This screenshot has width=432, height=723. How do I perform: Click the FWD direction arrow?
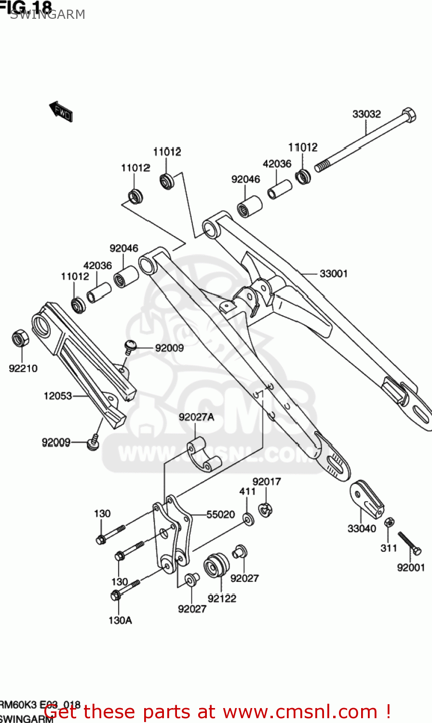[61, 112]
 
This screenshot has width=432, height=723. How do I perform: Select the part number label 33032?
[366, 114]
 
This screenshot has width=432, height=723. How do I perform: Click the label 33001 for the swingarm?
[334, 273]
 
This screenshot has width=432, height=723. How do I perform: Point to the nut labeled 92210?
[20, 338]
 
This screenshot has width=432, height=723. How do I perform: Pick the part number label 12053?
[58, 396]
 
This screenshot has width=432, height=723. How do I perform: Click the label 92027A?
[196, 417]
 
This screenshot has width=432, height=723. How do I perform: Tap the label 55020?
[220, 515]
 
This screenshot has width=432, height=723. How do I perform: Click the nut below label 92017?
[265, 509]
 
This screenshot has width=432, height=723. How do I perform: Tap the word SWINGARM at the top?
[47, 14]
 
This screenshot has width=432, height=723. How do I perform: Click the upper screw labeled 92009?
[130, 346]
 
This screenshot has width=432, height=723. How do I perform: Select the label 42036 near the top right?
[277, 164]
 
